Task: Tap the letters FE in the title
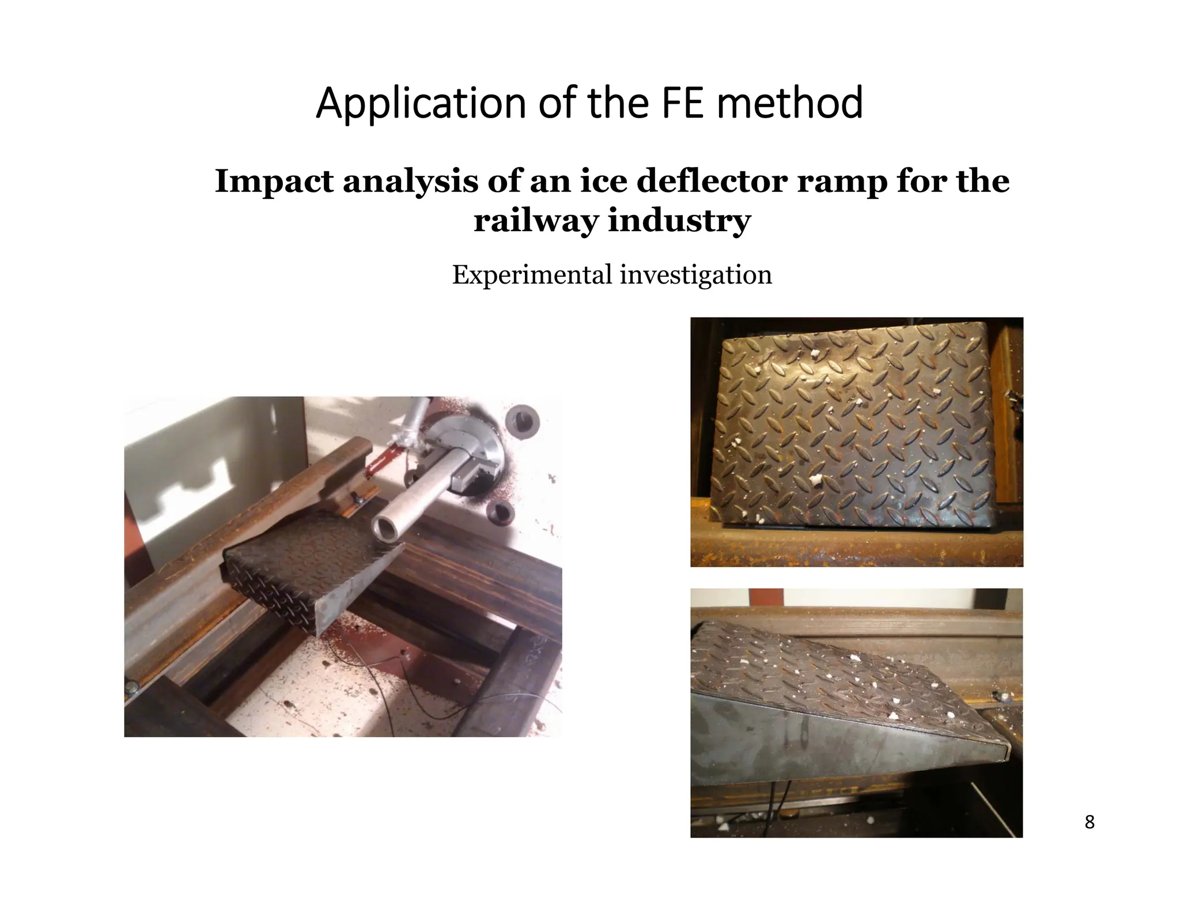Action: [684, 104]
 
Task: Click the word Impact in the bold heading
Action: [274, 182]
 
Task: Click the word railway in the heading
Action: [535, 220]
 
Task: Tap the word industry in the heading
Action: [680, 220]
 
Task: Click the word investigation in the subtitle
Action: [695, 275]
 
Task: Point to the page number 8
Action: [1089, 822]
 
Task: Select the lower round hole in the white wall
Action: [499, 510]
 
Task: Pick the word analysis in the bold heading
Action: [410, 182]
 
